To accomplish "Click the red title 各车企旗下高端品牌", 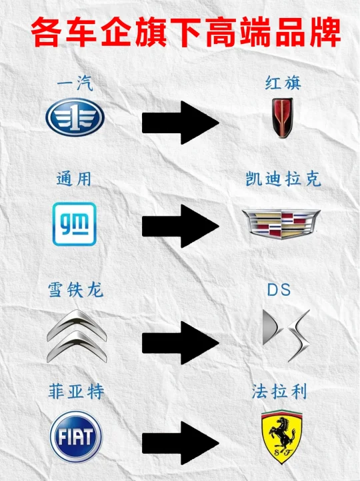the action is [x=186, y=33].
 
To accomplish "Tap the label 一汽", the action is [x=75, y=83].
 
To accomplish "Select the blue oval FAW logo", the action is [x=75, y=117].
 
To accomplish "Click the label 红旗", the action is [x=283, y=83].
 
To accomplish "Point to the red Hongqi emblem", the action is [x=283, y=118].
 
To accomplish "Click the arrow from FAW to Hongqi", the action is [x=181, y=123].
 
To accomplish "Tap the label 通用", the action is [x=74, y=179].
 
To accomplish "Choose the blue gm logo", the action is [x=75, y=224].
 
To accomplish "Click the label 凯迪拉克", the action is [x=283, y=179].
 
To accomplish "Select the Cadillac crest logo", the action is [x=281, y=224].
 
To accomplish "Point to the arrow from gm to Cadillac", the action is [x=181, y=226].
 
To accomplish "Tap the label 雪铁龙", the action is [x=75, y=290].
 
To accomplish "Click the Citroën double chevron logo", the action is [x=77, y=336].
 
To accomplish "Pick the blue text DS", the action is [x=279, y=290].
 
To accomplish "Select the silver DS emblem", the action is [x=286, y=336].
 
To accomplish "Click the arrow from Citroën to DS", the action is [x=181, y=342].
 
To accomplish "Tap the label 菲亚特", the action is [x=77, y=392].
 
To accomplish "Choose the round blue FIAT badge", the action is [x=76, y=437].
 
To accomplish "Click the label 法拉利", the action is [x=279, y=392].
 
